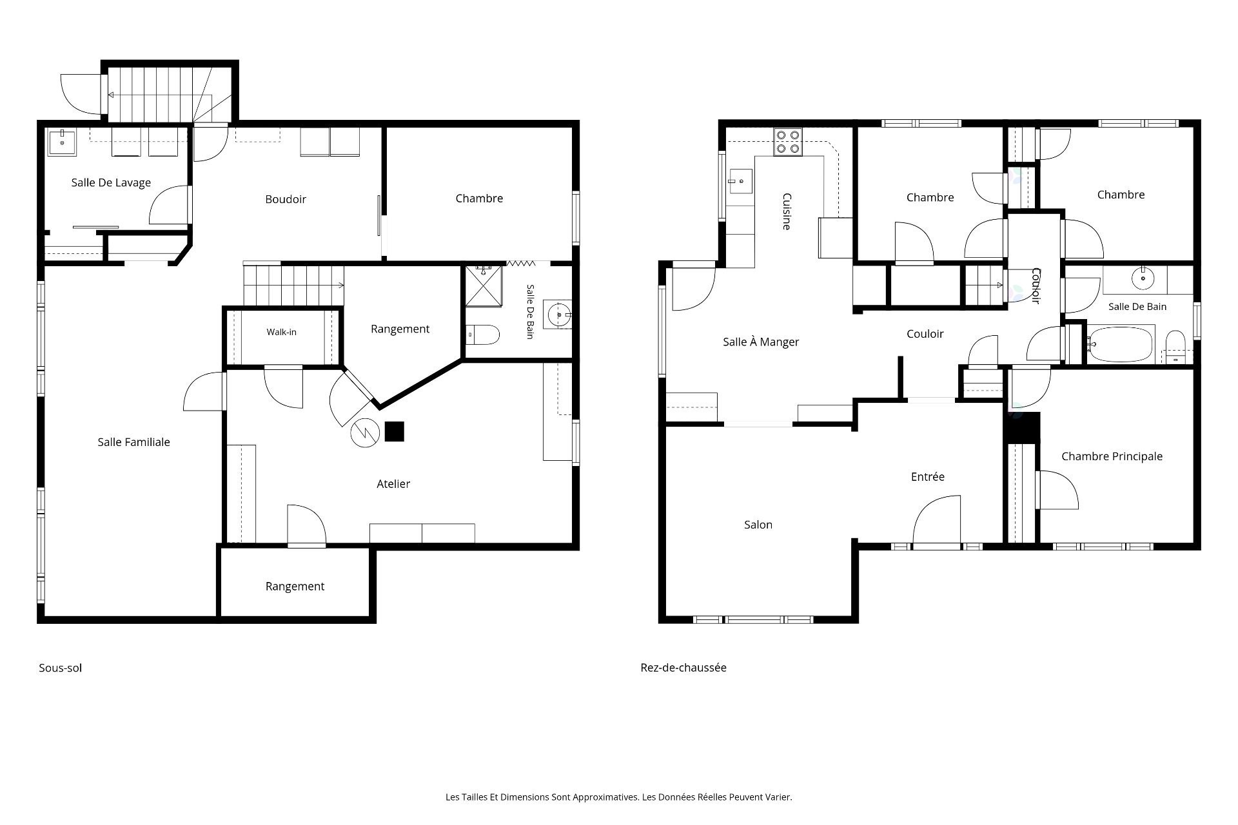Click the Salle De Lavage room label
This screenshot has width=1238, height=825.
(x=111, y=182)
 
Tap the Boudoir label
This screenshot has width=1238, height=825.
(x=286, y=199)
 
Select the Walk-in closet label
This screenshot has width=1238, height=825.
(x=282, y=332)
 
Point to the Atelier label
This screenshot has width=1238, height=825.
(x=393, y=483)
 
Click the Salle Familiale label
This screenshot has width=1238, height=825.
(x=134, y=442)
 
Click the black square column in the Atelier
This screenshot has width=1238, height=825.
(x=394, y=431)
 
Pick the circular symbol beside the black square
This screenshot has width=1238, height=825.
(x=364, y=434)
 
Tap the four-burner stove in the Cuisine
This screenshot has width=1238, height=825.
(x=788, y=142)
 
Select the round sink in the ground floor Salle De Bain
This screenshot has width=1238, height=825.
(x=1143, y=278)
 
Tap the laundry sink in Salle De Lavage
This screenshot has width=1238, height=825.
(x=62, y=142)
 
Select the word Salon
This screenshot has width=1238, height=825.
(x=758, y=525)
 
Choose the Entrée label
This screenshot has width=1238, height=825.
(x=928, y=476)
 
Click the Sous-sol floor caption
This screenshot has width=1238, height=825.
(x=61, y=668)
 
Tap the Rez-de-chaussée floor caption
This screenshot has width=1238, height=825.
(x=683, y=667)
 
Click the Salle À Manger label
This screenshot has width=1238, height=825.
(x=761, y=342)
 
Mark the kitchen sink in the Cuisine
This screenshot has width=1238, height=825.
(x=740, y=181)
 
